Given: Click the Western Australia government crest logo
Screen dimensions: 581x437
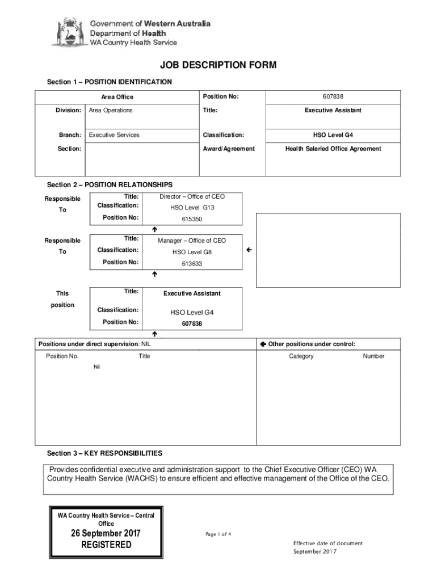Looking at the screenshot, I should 69,32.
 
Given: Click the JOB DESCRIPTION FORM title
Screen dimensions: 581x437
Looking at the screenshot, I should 218,66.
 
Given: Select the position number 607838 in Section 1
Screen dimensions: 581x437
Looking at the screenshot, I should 332,97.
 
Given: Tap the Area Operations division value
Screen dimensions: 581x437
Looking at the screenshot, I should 111,110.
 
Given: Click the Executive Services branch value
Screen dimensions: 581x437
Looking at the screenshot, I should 114,135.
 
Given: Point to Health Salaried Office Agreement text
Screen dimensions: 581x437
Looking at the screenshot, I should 333,149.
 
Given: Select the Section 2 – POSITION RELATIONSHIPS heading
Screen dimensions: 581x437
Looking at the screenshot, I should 110,185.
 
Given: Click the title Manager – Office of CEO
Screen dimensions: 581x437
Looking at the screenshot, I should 192,241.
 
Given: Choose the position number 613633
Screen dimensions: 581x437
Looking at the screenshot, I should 192,264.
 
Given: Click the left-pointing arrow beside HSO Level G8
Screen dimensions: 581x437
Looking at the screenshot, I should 249,250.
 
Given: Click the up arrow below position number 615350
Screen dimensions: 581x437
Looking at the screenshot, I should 154,229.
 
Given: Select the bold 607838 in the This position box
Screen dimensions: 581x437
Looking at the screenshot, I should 192,323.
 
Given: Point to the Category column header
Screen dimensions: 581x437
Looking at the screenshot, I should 301,356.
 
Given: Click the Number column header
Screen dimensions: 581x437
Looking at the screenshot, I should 373,356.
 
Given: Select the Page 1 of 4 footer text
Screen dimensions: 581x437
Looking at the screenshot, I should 218,534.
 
